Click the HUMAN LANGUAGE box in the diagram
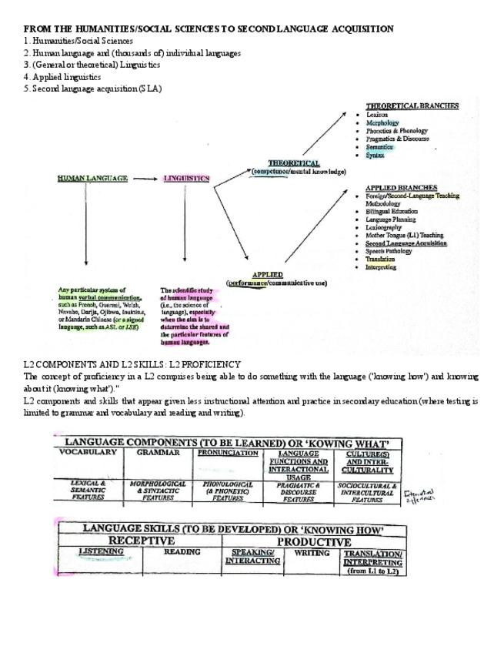[92, 179]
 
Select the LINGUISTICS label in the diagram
[186, 179]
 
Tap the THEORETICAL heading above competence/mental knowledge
[293, 163]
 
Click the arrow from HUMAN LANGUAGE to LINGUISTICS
[145, 179]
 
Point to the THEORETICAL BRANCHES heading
[412, 106]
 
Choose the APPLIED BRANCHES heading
[401, 188]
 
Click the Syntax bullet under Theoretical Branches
[375, 156]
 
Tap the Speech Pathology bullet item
[389, 251]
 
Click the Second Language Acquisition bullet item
[406, 243]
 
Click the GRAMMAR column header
[158, 454]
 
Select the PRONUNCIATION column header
[228, 454]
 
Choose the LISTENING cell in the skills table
[101, 552]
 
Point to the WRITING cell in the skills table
[312, 552]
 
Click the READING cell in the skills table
[182, 552]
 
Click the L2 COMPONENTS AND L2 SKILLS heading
[132, 363]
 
